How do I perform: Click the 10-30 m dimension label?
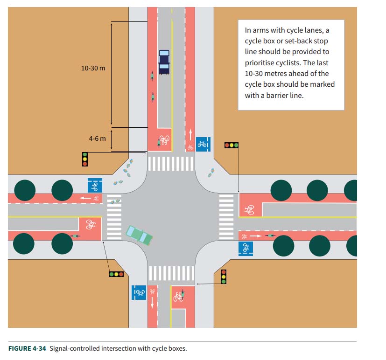[93, 68]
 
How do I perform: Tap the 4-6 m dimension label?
[98, 138]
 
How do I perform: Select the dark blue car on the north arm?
[164, 62]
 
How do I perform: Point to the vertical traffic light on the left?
[85, 159]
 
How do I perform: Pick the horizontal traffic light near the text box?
[232, 145]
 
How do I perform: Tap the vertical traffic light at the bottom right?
[223, 277]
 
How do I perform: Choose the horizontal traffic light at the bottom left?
[116, 274]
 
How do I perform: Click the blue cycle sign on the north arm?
[202, 144]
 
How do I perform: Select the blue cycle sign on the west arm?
[95, 185]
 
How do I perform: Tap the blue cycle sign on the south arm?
[139, 292]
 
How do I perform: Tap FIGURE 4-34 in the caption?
[27, 348]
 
